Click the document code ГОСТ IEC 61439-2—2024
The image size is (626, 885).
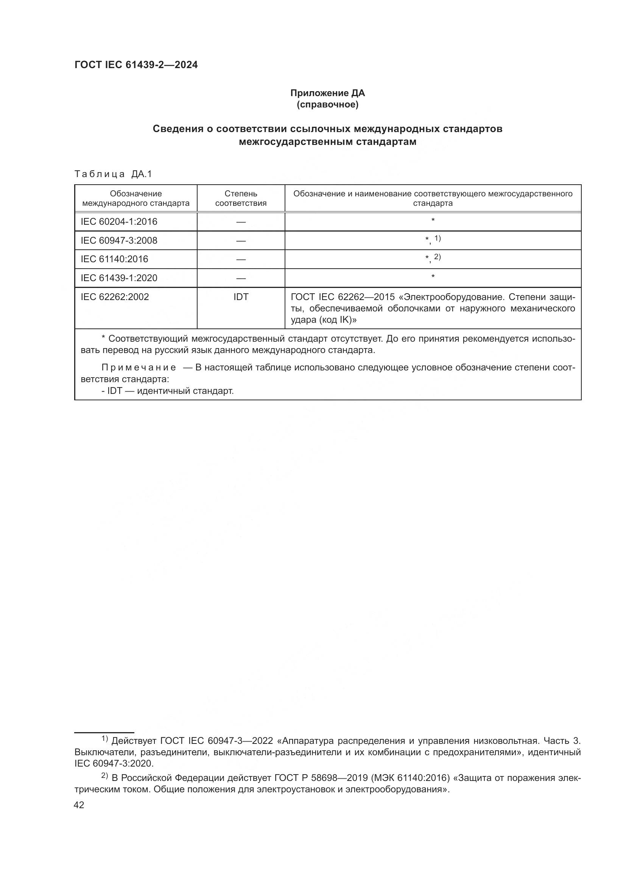(x=136, y=65)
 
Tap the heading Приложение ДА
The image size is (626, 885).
(x=327, y=93)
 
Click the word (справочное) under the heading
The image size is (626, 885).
(x=327, y=105)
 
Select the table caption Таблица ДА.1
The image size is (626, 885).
(x=113, y=174)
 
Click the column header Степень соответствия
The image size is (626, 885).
(x=241, y=198)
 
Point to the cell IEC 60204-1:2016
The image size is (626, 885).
(x=119, y=222)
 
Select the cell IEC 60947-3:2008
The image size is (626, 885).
(x=119, y=241)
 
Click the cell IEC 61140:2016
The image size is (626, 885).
(x=114, y=259)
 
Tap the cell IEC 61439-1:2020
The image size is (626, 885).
(x=119, y=278)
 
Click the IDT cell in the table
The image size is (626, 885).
(x=241, y=297)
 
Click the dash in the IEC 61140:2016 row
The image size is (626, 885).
(x=241, y=260)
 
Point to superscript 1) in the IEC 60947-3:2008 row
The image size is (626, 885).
(x=438, y=238)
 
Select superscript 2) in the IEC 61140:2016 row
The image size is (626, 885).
(x=438, y=257)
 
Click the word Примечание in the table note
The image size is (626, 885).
(x=139, y=368)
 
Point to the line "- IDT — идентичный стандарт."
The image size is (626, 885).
(x=167, y=391)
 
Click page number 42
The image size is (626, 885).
(x=79, y=805)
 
